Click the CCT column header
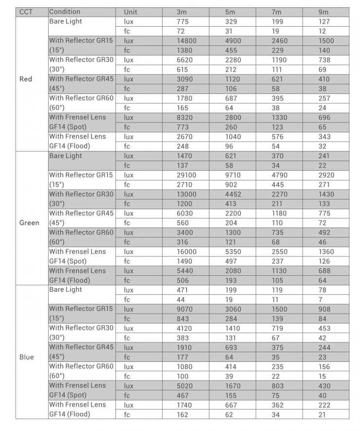(26, 12)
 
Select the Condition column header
(65, 12)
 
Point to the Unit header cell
(131, 12)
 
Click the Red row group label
(26, 79)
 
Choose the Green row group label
(29, 223)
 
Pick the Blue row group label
(27, 357)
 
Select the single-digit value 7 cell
(322, 300)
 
